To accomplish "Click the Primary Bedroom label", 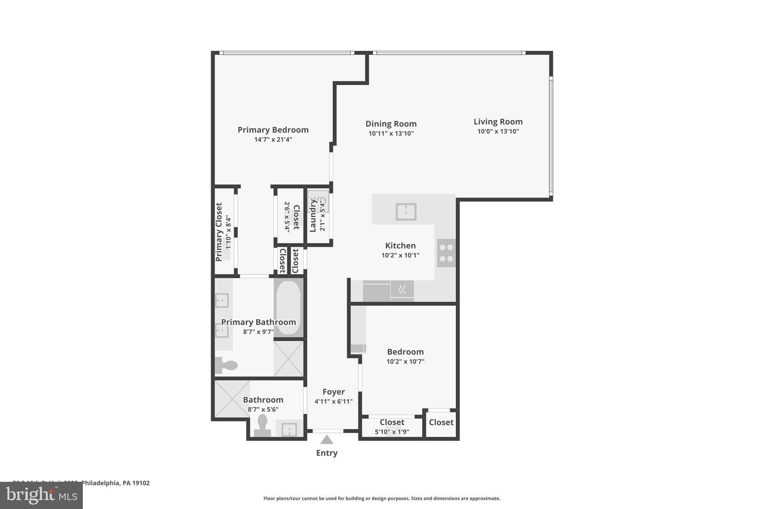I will pos(273,130).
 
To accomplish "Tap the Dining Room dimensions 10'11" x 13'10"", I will pos(391,133).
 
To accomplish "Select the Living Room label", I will pos(498,122).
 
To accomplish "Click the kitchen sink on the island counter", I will pos(406,212).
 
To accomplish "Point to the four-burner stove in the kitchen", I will pos(446,253).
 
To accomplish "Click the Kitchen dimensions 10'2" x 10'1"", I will pos(400,255).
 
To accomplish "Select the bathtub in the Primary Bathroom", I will pos(288,308).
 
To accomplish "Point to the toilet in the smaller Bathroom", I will pos(263,426).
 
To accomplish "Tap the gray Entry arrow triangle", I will pos(327,440).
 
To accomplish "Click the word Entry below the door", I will pos(327,453).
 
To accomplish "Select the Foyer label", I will pos(334,392).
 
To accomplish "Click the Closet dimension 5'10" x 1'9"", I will pos(392,432).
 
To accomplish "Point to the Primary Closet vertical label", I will pos(219,232).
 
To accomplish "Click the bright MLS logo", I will pos(41,495).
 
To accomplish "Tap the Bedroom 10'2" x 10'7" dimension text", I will pos(405,361).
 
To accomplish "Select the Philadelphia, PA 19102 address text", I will pos(115,483).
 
